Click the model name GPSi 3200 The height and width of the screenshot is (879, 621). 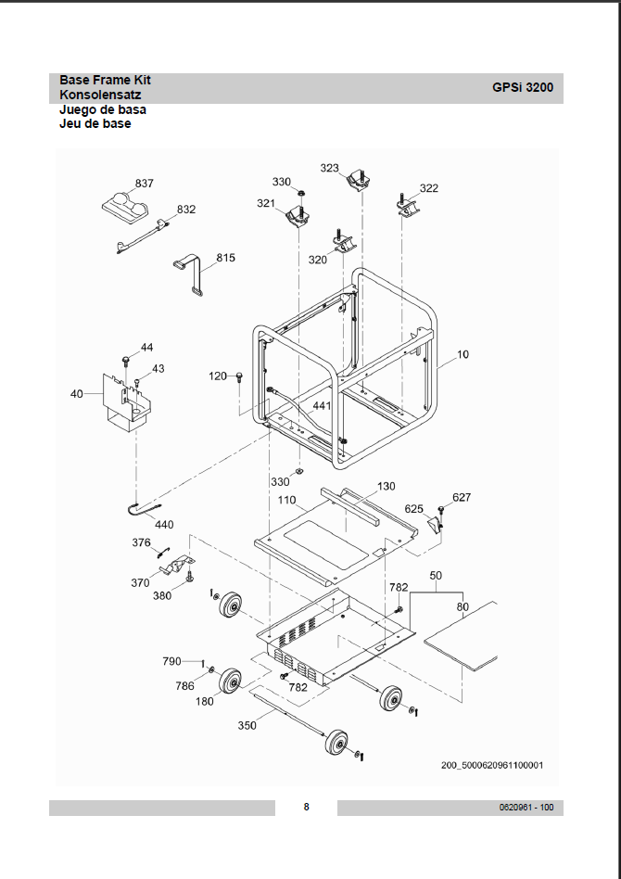[x=523, y=88]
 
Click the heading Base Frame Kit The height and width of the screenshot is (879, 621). [x=105, y=80]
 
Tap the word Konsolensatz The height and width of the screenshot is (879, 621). [x=100, y=95]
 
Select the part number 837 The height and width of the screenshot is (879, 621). [x=145, y=184]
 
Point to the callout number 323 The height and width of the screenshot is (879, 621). [x=330, y=168]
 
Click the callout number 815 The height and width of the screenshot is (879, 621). [x=226, y=257]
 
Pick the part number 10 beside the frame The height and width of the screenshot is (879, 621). [x=463, y=354]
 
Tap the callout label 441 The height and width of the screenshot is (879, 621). [x=322, y=406]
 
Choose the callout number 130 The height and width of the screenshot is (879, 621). [x=386, y=486]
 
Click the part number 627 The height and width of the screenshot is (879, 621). [x=462, y=498]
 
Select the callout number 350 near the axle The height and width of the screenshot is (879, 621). [x=247, y=725]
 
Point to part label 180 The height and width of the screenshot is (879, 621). [x=204, y=702]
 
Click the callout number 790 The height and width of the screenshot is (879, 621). [x=171, y=661]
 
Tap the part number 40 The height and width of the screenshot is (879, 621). [x=76, y=394]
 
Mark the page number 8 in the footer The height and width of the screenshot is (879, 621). [x=307, y=807]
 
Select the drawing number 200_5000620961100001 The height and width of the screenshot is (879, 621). [x=492, y=765]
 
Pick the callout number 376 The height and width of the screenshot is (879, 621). [x=141, y=542]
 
